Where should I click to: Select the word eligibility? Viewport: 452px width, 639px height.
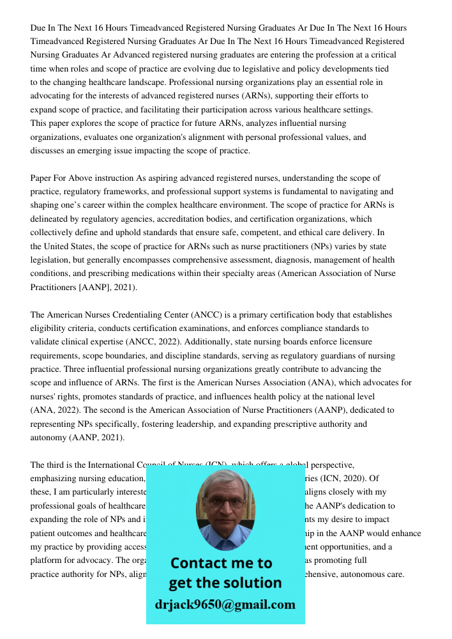[x=52, y=328]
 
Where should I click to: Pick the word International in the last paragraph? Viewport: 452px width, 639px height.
[x=109, y=465]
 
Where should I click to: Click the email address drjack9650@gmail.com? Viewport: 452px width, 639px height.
[x=225, y=604]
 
